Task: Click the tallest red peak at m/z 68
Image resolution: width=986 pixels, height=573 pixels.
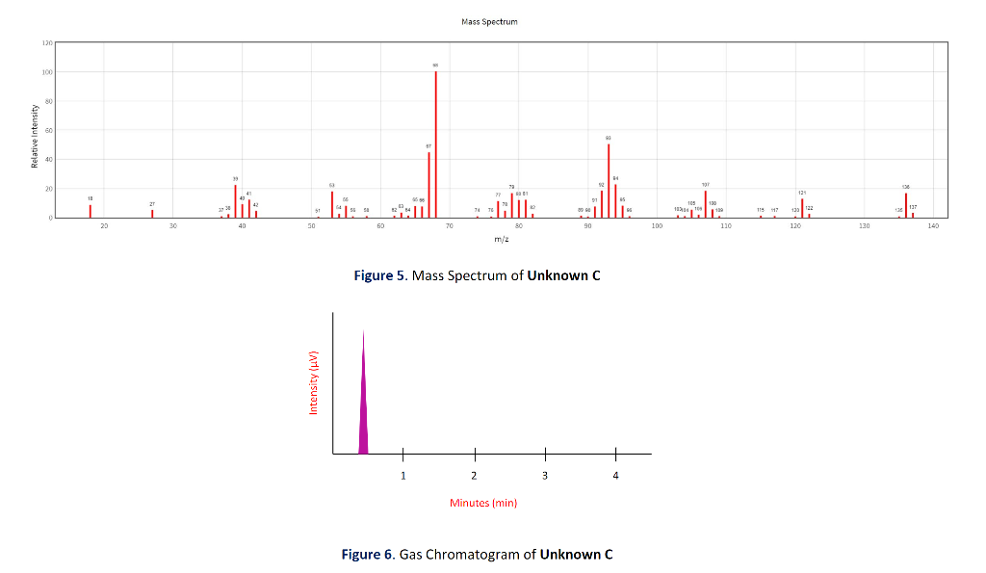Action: pyautogui.click(x=436, y=144)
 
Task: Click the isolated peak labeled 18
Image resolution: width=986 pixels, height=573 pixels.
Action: pyautogui.click(x=91, y=211)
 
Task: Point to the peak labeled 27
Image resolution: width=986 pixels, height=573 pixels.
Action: pyautogui.click(x=152, y=213)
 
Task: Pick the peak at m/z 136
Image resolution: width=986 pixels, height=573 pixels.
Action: pyautogui.click(x=906, y=205)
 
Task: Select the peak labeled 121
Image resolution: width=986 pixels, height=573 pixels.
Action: pyautogui.click(x=802, y=208)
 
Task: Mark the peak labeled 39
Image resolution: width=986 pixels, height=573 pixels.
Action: pyautogui.click(x=235, y=201)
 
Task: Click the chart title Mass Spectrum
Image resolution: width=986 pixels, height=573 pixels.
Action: pyautogui.click(x=489, y=21)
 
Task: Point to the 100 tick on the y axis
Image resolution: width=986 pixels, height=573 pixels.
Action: pyautogui.click(x=47, y=72)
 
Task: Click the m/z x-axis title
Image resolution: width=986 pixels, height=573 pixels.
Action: pyautogui.click(x=502, y=239)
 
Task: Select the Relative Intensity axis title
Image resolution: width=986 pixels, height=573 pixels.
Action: pyautogui.click(x=35, y=135)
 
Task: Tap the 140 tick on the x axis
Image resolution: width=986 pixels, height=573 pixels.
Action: pyautogui.click(x=932, y=225)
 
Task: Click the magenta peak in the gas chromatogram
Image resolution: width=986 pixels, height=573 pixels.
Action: pyautogui.click(x=363, y=404)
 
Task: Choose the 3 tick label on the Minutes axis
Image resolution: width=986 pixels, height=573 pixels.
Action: pyautogui.click(x=545, y=476)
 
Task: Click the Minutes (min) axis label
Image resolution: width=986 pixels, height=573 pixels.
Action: pyautogui.click(x=483, y=503)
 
